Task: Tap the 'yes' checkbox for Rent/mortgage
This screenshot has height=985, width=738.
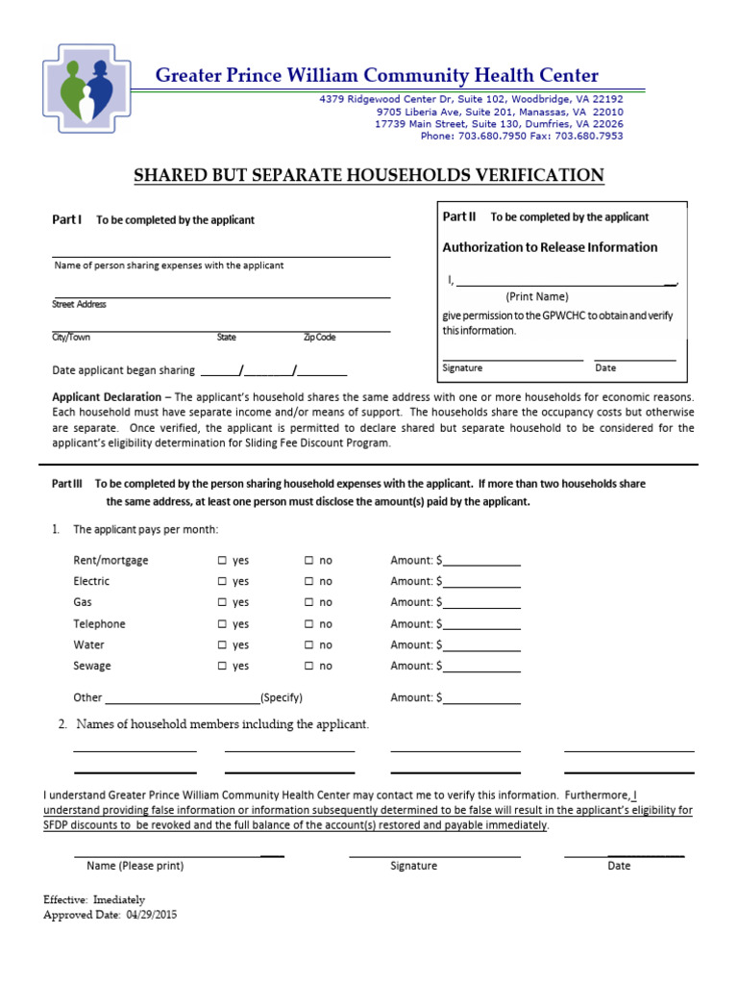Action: (222, 561)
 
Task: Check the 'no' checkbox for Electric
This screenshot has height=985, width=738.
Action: (308, 582)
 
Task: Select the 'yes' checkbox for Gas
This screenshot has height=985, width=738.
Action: (222, 603)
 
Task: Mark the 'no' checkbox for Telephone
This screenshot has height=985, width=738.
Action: (308, 624)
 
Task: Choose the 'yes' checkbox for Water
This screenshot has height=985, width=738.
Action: (222, 645)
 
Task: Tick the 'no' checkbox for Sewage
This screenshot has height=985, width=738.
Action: (308, 667)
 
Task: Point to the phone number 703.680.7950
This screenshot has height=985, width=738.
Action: (484, 136)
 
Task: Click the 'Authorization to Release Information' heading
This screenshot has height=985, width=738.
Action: (550, 247)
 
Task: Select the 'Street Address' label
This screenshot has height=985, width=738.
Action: (79, 304)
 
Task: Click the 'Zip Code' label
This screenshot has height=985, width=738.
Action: (319, 338)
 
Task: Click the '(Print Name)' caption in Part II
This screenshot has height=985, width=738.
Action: (537, 296)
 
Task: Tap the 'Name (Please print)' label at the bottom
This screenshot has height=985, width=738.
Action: (135, 866)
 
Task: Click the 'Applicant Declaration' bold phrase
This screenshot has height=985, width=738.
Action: (108, 397)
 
